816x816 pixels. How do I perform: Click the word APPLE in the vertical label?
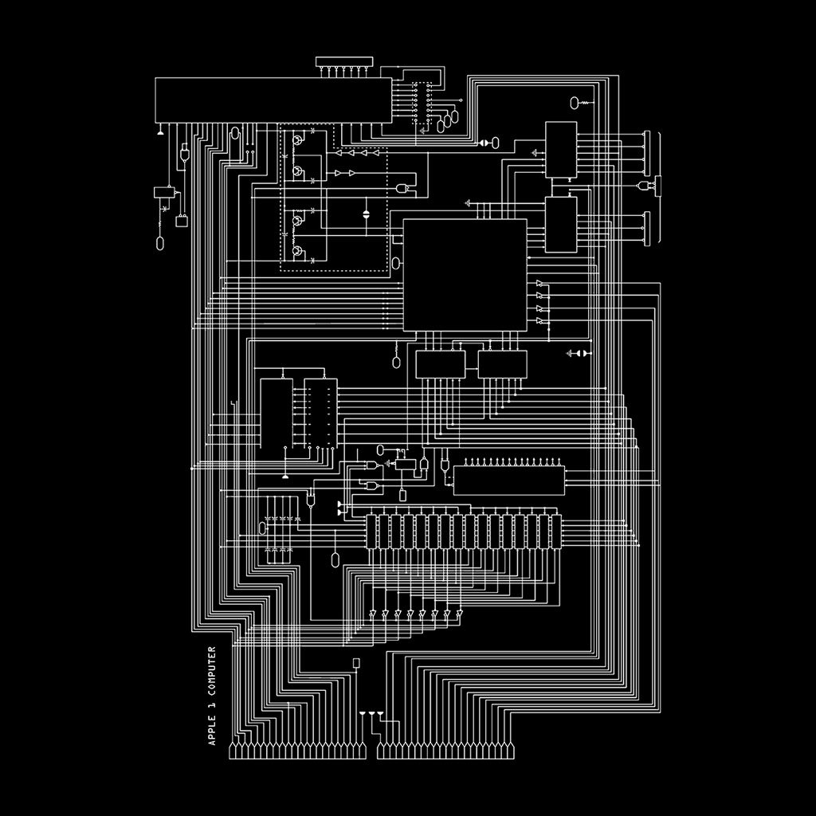(212, 729)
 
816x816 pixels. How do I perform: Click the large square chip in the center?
(465, 274)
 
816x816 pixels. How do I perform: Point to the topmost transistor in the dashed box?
(297, 140)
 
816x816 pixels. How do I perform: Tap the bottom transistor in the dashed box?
(297, 253)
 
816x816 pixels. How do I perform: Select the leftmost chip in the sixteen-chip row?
(371, 532)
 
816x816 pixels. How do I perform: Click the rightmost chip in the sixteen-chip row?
(556, 532)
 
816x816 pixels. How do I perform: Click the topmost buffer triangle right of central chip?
(540, 284)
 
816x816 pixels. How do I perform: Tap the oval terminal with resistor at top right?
(575, 102)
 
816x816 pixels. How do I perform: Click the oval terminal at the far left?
(160, 243)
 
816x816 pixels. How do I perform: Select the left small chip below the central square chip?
(440, 364)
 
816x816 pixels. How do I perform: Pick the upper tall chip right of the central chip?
(561, 150)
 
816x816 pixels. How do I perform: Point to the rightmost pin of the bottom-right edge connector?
(514, 751)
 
